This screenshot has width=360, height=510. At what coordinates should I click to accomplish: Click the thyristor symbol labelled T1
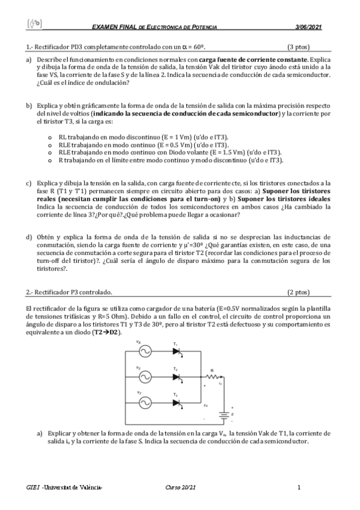(176, 352)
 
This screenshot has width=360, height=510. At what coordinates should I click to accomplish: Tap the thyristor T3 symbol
(176, 402)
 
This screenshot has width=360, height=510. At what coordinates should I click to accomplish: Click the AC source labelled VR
(144, 352)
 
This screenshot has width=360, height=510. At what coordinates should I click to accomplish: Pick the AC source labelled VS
(144, 377)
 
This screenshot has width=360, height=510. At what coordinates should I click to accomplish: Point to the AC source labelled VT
(144, 402)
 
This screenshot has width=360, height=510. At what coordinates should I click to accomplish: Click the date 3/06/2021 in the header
(309, 27)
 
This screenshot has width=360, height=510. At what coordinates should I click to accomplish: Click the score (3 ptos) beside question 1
(298, 46)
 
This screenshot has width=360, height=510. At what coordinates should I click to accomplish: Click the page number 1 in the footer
(299, 487)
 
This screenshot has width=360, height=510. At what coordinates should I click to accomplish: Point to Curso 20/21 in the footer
(180, 487)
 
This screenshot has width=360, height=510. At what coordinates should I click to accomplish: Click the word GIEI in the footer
(33, 487)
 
